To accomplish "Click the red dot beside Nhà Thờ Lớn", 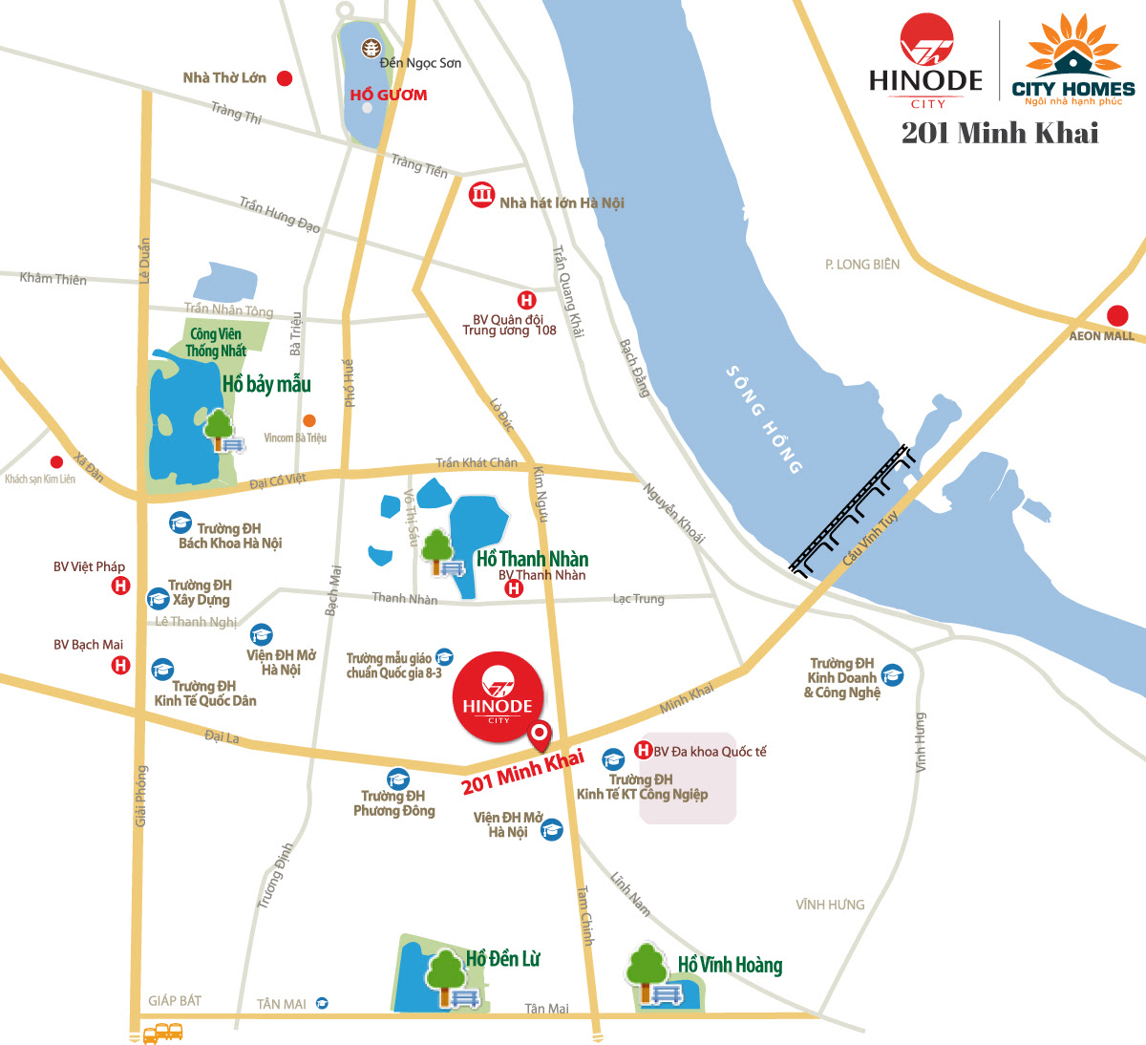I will pos(284,78).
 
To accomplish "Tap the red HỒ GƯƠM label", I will pos(388,95).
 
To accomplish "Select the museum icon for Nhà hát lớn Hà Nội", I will pos(481,195).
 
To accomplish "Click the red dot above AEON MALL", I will pos(1117,315).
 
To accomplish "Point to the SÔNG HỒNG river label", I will pos(764,418).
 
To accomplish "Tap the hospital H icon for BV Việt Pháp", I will pos(120,586).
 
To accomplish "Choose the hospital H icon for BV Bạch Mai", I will pos(120,665).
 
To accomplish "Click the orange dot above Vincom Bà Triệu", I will pos(308,420).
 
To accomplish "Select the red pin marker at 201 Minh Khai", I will pos(540,736).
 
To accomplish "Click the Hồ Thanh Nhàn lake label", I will pos(532,559).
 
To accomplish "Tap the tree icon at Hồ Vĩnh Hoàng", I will pos(647,967).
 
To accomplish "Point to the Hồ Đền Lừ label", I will pos(502,958).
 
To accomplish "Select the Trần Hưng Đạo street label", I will pos(280,215).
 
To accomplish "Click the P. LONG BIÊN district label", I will pos(862,264).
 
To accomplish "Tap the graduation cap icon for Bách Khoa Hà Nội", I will pos(180,522).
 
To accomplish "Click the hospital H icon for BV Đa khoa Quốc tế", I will pos(644,751).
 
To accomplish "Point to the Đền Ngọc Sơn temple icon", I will pos(370,49).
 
